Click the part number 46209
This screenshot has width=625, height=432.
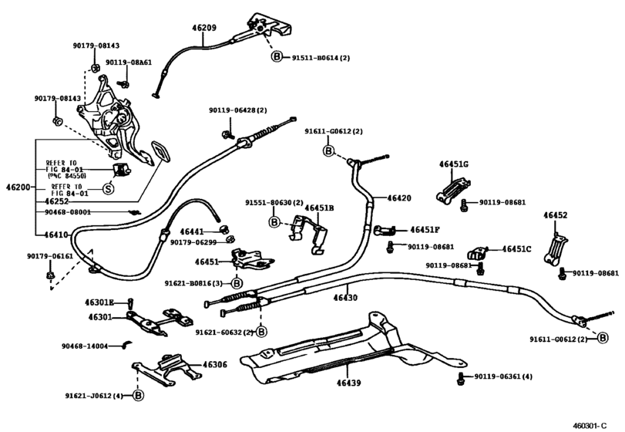click(x=204, y=28)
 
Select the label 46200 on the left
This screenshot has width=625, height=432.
click(x=18, y=187)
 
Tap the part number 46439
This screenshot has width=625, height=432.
click(x=349, y=383)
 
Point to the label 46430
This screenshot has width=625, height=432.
click(x=345, y=298)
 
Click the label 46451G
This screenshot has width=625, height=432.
click(x=454, y=164)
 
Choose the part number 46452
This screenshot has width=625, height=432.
click(x=555, y=215)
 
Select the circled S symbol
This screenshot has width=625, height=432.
click(x=109, y=188)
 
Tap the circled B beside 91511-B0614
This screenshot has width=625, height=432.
click(x=277, y=57)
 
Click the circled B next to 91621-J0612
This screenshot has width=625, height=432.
click(x=138, y=396)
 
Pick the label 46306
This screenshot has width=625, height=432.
click(x=215, y=365)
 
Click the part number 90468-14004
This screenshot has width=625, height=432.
click(x=85, y=346)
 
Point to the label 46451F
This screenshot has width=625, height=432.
click(x=425, y=230)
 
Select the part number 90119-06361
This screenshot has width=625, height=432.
click(x=497, y=376)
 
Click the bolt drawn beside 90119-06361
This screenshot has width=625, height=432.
click(x=461, y=379)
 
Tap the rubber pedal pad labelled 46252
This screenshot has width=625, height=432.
click(x=160, y=151)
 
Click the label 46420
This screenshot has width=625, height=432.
click(x=399, y=198)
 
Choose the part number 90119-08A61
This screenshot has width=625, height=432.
click(x=129, y=62)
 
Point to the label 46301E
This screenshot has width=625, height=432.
click(x=99, y=302)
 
